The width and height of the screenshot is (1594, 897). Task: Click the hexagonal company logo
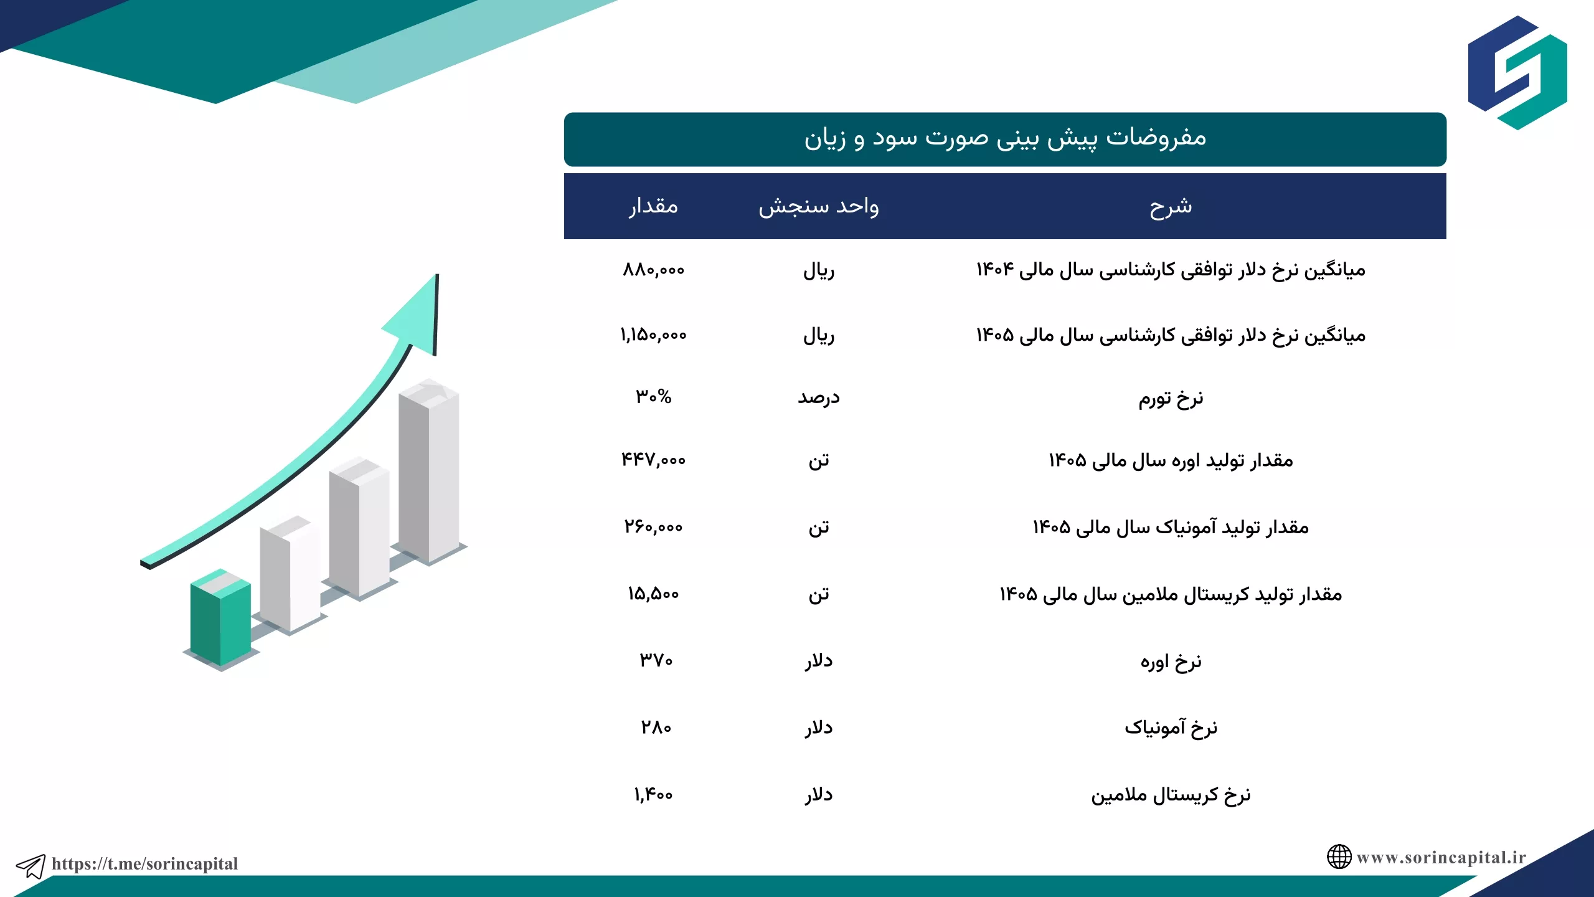1517,72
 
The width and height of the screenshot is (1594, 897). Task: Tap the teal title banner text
1005,138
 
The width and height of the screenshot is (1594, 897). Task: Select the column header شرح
1171,206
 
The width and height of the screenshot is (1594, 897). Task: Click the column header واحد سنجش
818,206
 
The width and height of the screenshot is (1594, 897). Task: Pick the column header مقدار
653,206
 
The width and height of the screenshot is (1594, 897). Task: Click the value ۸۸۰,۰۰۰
653,270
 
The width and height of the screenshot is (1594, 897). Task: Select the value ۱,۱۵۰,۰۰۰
653,335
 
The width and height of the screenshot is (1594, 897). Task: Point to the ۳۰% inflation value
653,396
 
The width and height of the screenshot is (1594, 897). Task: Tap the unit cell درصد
819,397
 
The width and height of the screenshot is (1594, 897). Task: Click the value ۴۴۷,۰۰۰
653,460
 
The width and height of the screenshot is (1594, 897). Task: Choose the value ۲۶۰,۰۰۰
653,527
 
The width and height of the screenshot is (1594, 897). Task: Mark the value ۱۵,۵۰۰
653,594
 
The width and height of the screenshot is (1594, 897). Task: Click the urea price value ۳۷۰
656,660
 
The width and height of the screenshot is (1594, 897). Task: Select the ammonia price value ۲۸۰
656,727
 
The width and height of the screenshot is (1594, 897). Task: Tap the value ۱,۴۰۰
653,794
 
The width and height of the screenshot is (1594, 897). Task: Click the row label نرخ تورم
1171,398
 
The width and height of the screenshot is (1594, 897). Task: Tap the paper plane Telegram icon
31,866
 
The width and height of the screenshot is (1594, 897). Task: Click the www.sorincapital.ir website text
1441,857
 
